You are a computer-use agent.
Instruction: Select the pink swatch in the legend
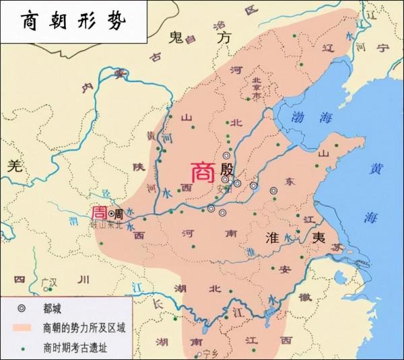click(x=24, y=330)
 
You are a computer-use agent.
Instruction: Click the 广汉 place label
click(x=48, y=281)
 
